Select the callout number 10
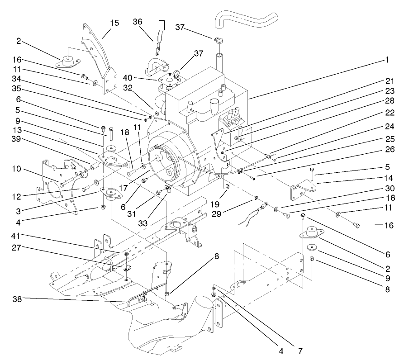(x=16, y=169)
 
